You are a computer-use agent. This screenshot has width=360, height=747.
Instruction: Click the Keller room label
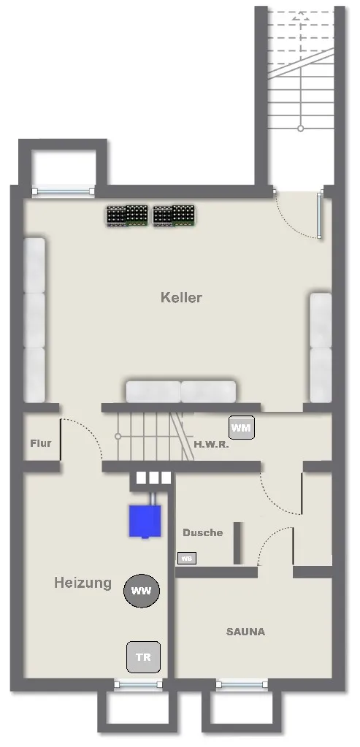coord(181,298)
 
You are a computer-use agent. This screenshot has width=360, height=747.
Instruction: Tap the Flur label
coord(40,443)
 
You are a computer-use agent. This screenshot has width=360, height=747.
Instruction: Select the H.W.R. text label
coord(212,445)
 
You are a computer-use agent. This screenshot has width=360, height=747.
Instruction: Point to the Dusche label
coord(203,532)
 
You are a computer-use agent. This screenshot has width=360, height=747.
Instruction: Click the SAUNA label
coord(245,632)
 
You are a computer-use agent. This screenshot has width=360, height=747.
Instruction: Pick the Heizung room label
coord(83,583)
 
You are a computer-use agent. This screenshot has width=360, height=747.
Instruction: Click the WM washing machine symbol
coord(241,427)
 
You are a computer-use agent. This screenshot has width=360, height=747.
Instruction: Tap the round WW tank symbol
coord(142,591)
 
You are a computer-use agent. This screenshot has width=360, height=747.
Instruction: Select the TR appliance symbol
coord(143,657)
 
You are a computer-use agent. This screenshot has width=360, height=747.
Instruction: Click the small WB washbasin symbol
coord(187,559)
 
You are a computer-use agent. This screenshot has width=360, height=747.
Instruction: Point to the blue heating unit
coord(145,521)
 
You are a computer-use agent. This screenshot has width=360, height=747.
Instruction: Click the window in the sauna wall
coord(242,685)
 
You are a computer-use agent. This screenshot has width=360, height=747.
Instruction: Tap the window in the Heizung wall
coord(139,685)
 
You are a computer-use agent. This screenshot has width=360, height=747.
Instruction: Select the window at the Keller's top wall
coord(64,191)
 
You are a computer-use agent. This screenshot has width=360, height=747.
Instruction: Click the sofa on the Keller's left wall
coord(34,320)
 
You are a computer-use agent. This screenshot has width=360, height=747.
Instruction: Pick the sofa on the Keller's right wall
coord(321,348)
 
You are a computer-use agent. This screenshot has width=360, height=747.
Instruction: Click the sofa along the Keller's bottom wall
coord(181,391)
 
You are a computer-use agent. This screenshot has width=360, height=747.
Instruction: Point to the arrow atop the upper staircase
coord(300,17)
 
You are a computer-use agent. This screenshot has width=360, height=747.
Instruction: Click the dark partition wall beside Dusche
coord(237,543)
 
